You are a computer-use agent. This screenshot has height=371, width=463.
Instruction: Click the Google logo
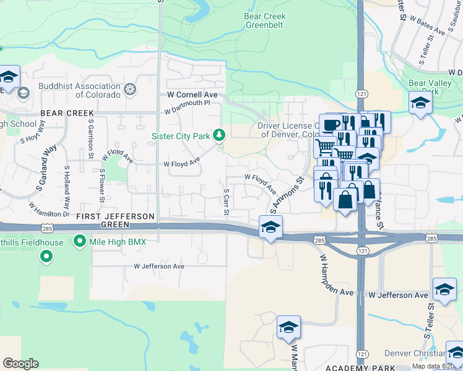point(21,364)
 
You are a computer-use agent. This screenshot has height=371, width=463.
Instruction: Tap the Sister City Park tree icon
point(219,135)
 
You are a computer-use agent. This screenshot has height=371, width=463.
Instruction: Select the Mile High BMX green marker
point(79,242)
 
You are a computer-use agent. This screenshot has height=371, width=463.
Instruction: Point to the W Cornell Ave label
point(193,95)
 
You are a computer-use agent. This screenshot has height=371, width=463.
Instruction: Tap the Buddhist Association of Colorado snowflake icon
point(130,90)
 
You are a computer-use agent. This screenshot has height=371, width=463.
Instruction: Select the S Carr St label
point(227,203)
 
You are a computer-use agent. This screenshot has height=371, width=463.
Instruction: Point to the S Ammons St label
point(287,194)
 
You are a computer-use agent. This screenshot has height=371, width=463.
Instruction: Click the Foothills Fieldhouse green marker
point(46,255)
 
